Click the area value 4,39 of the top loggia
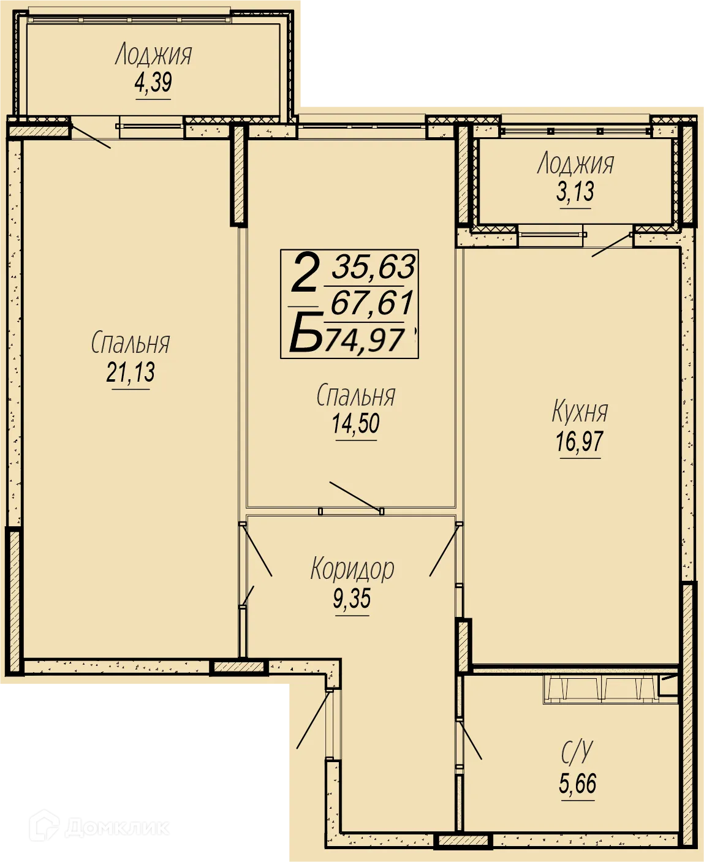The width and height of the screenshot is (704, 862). click(x=153, y=83)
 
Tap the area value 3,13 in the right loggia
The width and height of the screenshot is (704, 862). click(x=575, y=192)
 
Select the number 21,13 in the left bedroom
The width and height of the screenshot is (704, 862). click(x=131, y=372)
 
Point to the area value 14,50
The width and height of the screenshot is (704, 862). click(x=356, y=423)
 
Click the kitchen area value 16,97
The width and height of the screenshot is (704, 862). click(x=580, y=442)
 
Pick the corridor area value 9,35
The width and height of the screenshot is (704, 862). click(x=352, y=599)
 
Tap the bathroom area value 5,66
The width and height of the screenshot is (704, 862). click(x=578, y=784)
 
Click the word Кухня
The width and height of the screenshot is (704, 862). click(x=580, y=412)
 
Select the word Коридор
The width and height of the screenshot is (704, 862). click(x=352, y=569)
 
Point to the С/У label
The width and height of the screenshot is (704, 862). click(x=577, y=752)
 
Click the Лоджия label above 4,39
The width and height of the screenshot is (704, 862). click(x=153, y=55)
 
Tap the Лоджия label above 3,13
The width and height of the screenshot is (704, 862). click(x=575, y=164)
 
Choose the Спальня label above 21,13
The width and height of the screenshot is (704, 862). click(x=131, y=342)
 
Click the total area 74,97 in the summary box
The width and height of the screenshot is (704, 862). click(x=365, y=341)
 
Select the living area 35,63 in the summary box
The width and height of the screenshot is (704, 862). click(x=374, y=267)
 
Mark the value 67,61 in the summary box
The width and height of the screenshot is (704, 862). click(x=372, y=303)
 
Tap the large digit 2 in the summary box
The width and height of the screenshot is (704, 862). click(x=305, y=272)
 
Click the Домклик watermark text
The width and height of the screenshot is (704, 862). click(x=116, y=828)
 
